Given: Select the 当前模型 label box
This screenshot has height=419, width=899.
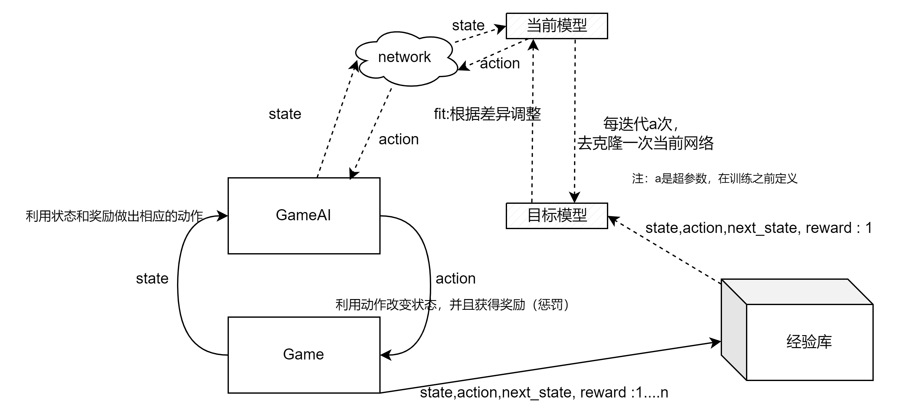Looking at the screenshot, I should pyautogui.click(x=557, y=26).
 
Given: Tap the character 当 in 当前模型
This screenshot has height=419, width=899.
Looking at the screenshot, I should pyautogui.click(x=534, y=26).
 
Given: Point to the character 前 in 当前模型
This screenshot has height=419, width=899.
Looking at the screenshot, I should pyautogui.click(x=549, y=26).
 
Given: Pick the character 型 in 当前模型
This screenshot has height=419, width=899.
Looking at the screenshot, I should pyautogui.click(x=580, y=26).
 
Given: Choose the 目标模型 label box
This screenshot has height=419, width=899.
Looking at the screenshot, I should pyautogui.click(x=557, y=216).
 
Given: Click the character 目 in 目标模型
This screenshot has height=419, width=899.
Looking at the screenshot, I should pyautogui.click(x=534, y=215).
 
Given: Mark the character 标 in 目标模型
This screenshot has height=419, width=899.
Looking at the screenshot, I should pyautogui.click(x=549, y=215).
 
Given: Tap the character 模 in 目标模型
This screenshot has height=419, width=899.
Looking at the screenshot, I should pyautogui.click(x=565, y=215).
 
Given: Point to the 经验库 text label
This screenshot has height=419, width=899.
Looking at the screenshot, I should pyautogui.click(x=809, y=342).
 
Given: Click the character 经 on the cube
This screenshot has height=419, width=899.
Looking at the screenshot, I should pyautogui.click(x=794, y=342).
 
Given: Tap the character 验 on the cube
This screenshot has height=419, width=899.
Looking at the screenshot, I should pyautogui.click(x=809, y=342).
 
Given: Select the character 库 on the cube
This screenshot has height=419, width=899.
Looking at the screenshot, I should pyautogui.click(x=824, y=342).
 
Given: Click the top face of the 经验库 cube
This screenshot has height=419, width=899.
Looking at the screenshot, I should pyautogui.click(x=798, y=292).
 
